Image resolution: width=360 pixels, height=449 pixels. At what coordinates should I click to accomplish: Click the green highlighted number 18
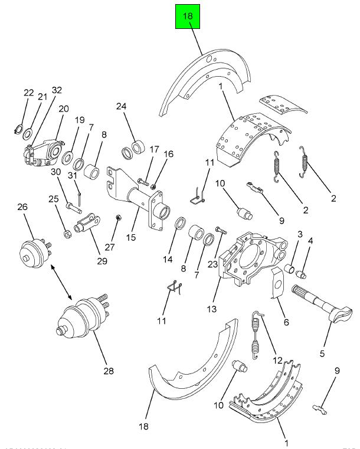(x=188, y=17)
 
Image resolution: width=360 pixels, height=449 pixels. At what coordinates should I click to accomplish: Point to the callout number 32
(x=57, y=90)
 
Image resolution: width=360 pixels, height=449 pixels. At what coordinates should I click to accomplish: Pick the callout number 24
(x=121, y=106)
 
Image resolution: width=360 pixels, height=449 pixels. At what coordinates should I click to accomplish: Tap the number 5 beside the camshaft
(x=322, y=353)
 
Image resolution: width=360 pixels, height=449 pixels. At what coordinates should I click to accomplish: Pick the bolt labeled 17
(x=145, y=181)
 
